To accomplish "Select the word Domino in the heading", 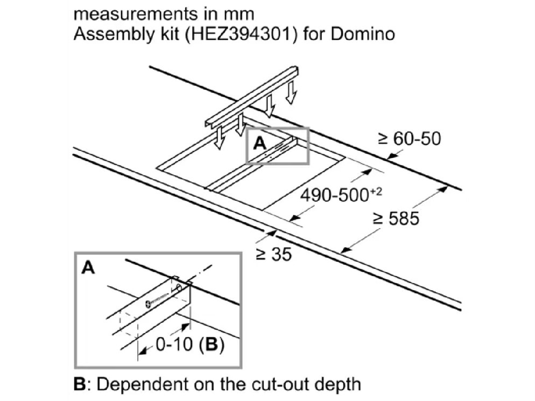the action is (363, 34).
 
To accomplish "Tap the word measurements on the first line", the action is (136, 15).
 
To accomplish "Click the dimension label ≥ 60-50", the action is (409, 138).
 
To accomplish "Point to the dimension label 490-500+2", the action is (341, 195).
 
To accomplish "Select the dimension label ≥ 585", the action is (396, 219).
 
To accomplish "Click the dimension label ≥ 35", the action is (274, 254).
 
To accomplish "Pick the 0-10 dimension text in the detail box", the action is (174, 344).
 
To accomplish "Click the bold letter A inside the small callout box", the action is (260, 144).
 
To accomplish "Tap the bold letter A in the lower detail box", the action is (88, 268).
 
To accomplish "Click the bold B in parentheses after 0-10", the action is (212, 344).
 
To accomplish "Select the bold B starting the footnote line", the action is (80, 384).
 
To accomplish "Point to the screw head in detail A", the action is (147, 303).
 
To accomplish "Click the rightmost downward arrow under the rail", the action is (291, 92).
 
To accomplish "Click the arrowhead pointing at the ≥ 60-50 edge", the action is (393, 156).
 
